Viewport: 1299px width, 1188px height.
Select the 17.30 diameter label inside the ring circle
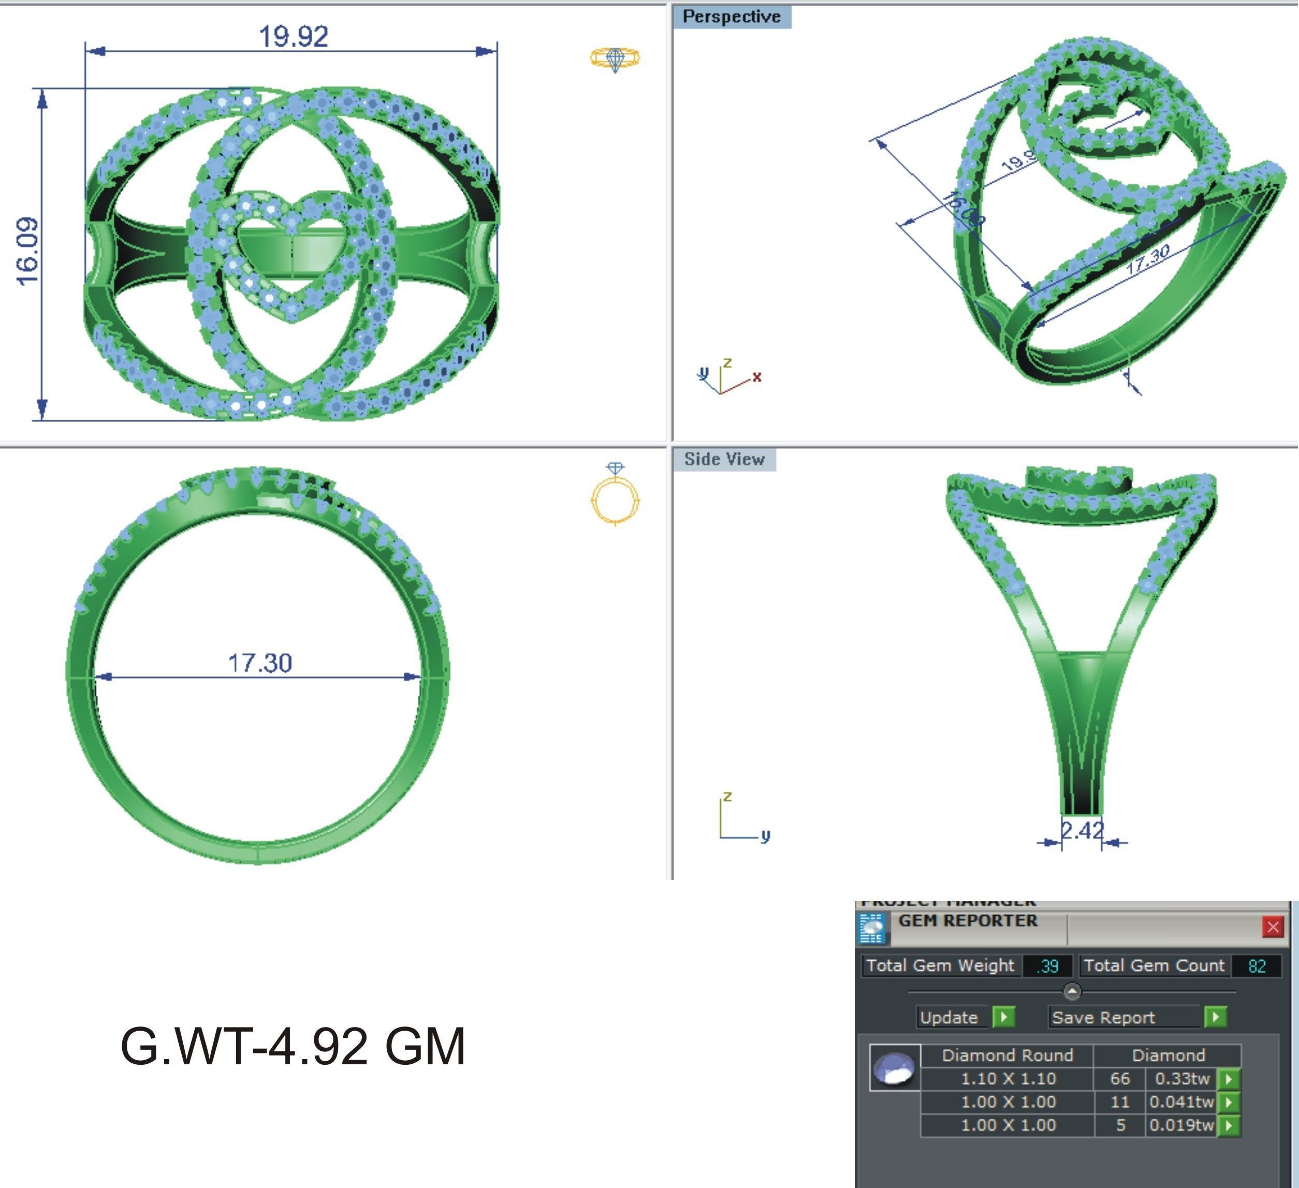coord(260,662)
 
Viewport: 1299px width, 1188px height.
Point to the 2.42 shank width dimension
coord(1082,830)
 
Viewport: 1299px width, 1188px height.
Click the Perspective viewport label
coord(732,17)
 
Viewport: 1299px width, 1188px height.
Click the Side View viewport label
coord(724,459)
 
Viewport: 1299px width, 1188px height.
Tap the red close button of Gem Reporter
coord(1273,927)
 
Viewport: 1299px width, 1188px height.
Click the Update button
coord(948,1017)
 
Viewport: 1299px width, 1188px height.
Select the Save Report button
coord(1103,1017)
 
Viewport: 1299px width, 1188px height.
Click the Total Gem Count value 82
coord(1257,966)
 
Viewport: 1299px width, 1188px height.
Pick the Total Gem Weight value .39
coord(1048,966)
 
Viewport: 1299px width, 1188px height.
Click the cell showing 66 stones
coord(1120,1078)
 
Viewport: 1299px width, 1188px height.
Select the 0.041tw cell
coord(1181,1102)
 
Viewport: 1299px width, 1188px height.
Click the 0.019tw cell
coord(1181,1125)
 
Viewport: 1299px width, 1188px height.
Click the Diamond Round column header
coord(1007,1055)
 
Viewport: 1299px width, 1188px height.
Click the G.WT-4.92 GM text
coord(293,1046)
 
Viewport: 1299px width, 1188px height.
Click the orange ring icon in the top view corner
coord(616,58)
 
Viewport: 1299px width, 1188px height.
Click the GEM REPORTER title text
coord(968,921)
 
